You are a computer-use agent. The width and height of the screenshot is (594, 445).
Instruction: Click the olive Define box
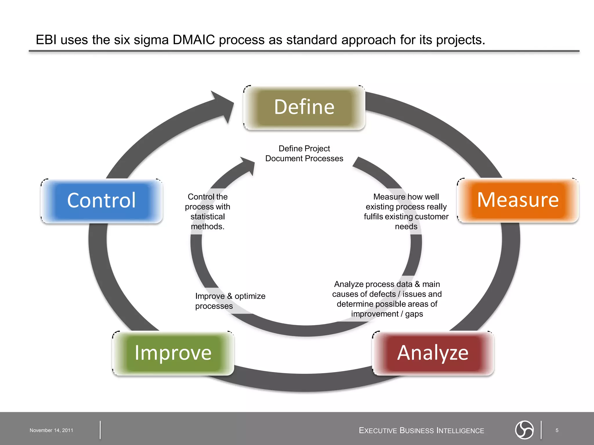[x=304, y=107]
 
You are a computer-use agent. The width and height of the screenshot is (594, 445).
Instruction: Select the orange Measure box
[x=518, y=200]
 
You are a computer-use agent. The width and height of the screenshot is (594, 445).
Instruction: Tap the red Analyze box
[x=433, y=353]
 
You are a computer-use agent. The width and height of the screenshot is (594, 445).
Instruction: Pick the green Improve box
[x=173, y=353]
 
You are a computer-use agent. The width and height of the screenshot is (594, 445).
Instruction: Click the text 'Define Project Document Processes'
[x=304, y=154]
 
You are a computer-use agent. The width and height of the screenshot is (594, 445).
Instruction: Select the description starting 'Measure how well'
[x=406, y=211]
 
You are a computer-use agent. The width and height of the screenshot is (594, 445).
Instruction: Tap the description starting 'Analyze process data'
[x=387, y=299]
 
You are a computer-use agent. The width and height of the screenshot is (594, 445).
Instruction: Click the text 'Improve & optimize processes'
[x=230, y=301]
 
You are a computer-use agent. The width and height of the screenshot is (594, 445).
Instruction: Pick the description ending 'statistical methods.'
[x=208, y=211]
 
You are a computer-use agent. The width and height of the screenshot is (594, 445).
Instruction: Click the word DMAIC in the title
[x=194, y=40]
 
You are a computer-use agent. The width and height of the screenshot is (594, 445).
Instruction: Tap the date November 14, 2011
[x=51, y=430]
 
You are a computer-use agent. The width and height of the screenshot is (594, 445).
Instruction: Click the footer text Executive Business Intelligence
[x=421, y=431]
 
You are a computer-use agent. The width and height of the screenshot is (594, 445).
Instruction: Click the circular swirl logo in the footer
[x=524, y=430]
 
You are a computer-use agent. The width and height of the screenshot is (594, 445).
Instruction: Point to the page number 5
[x=557, y=430]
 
